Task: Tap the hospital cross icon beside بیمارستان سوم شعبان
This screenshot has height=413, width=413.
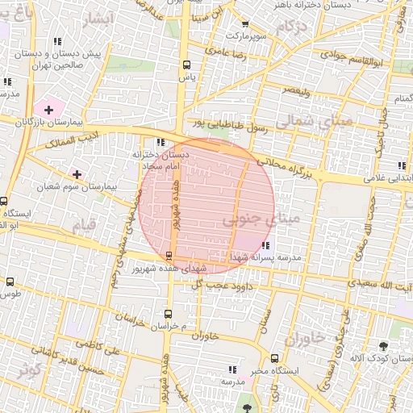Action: click(77, 174)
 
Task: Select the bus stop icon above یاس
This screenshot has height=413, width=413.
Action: click(186, 65)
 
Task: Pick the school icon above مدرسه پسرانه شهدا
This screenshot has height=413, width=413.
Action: click(266, 245)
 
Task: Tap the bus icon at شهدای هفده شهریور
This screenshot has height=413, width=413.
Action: click(169, 255)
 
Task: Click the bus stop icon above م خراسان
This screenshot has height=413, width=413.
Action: click(168, 312)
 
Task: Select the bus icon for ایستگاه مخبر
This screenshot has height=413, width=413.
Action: click(275, 358)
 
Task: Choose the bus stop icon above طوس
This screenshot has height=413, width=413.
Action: click(10, 282)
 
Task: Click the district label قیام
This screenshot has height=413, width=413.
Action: click(83, 225)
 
